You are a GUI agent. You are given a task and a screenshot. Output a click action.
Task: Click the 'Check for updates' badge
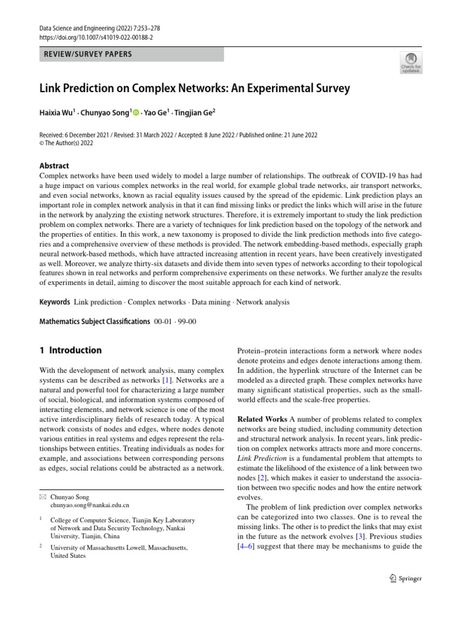pos(411,62)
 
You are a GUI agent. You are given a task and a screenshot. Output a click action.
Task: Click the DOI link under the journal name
pos(96,37)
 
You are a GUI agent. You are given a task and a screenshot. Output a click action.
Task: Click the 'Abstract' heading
pos(54,166)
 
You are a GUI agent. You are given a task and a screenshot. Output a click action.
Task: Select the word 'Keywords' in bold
pos(54,302)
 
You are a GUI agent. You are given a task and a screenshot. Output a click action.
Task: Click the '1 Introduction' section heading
pos(70,350)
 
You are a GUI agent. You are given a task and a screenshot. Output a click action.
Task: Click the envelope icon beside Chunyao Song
pos(42,497)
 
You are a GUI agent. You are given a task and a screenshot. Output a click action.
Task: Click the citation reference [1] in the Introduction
pos(166,381)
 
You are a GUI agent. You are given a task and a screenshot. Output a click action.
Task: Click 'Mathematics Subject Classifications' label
pos(94,321)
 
